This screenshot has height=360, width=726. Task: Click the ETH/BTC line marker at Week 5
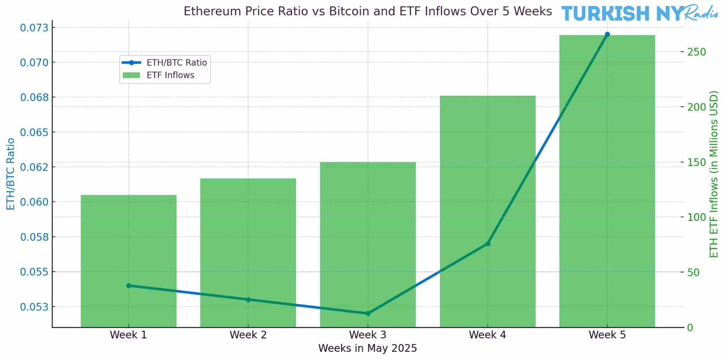click(607, 34)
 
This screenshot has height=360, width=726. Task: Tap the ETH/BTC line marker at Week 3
click(368, 314)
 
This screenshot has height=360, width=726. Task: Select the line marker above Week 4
click(488, 244)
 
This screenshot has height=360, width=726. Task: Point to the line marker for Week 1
click(129, 286)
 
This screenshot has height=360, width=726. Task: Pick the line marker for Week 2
click(248, 300)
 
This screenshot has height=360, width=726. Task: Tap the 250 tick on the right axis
click(697, 52)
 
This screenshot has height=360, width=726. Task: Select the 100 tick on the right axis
click(697, 217)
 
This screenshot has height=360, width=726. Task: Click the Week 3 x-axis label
click(368, 335)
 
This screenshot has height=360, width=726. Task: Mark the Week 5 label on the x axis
click(607, 335)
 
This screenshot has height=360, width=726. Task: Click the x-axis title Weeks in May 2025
click(368, 348)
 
